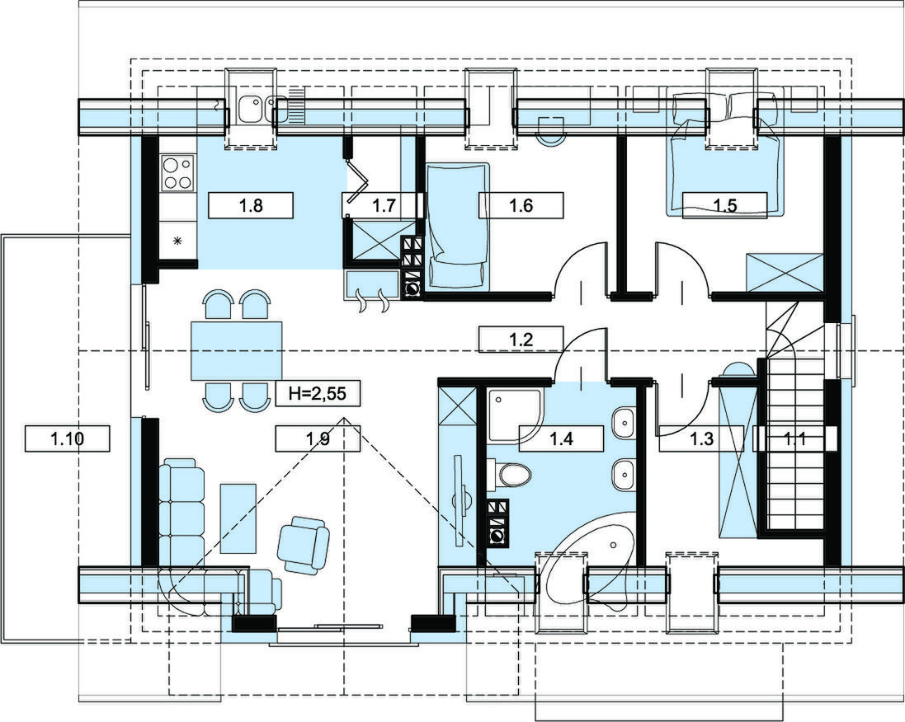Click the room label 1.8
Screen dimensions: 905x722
(x=251, y=205)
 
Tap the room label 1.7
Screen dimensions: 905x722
(x=384, y=205)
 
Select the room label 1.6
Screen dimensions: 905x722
(x=521, y=205)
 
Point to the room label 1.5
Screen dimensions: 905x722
(x=725, y=205)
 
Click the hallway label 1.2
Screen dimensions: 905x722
(x=521, y=339)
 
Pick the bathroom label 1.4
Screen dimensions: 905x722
(x=562, y=438)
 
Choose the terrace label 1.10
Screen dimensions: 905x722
(x=68, y=438)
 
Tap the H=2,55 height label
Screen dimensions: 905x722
(x=318, y=395)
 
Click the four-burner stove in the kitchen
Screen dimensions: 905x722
(x=177, y=174)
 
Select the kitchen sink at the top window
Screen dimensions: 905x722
(x=252, y=110)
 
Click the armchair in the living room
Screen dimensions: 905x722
(x=303, y=544)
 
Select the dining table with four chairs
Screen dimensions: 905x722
(x=236, y=350)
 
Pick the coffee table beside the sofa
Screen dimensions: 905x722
(x=238, y=518)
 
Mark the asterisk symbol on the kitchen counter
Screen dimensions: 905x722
(x=177, y=241)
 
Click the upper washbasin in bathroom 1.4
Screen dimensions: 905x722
(x=623, y=424)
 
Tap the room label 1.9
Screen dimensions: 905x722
(x=318, y=438)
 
